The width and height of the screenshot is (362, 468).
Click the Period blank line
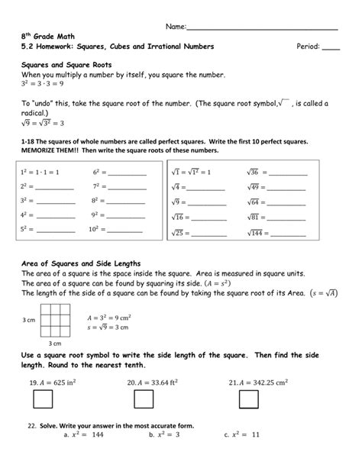331,48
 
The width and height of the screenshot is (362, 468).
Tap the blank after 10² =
126,230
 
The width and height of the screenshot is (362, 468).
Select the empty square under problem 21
248,399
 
